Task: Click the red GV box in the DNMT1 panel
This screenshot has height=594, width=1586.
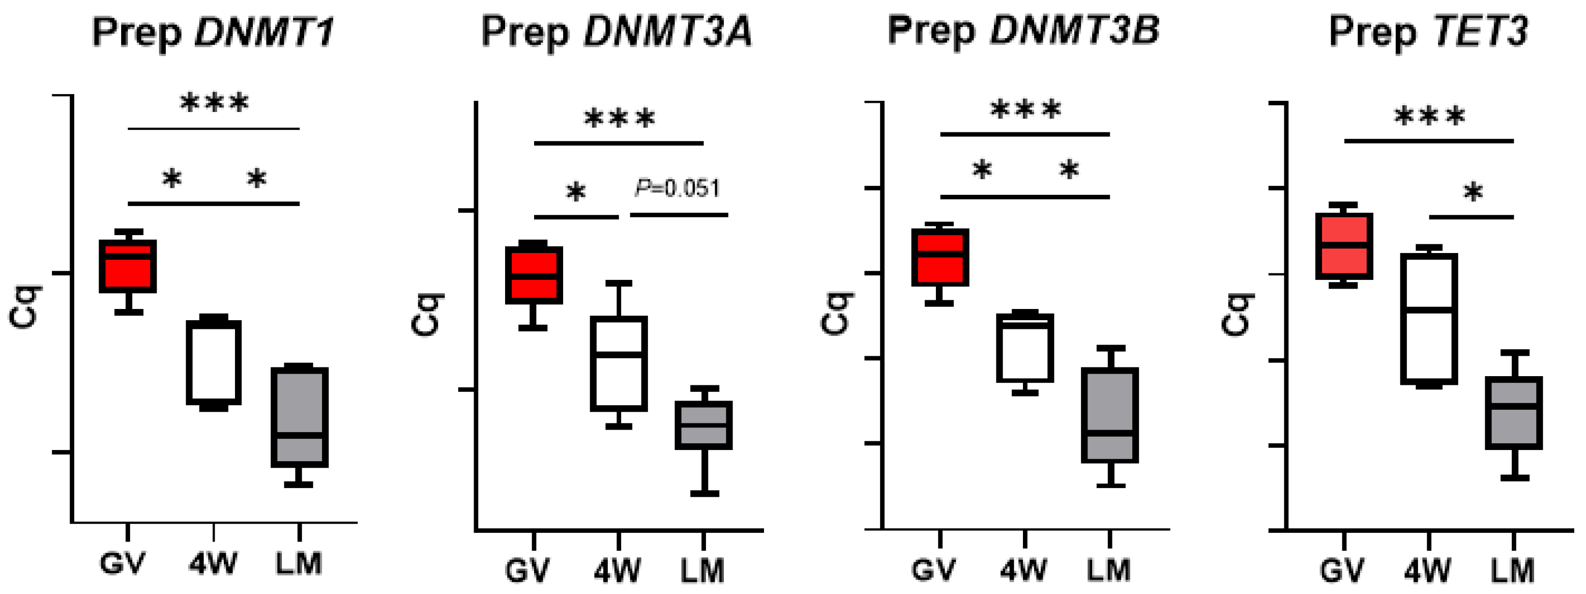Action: click(x=128, y=266)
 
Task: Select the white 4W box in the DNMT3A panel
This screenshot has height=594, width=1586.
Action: click(x=619, y=363)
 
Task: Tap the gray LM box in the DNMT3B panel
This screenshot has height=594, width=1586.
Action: click(x=1110, y=415)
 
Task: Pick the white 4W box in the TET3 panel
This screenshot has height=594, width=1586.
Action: click(x=1429, y=319)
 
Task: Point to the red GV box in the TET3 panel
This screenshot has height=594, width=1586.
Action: click(x=1344, y=246)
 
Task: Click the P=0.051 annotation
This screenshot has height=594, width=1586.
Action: click(x=677, y=188)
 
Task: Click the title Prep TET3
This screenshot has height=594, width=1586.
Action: click(x=1428, y=32)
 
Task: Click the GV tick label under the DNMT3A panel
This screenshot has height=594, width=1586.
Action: click(x=527, y=571)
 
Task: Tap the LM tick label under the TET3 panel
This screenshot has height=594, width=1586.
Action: click(x=1513, y=571)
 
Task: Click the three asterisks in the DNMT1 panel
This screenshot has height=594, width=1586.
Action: click(x=214, y=103)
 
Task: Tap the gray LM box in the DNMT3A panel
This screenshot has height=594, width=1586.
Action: click(x=703, y=425)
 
